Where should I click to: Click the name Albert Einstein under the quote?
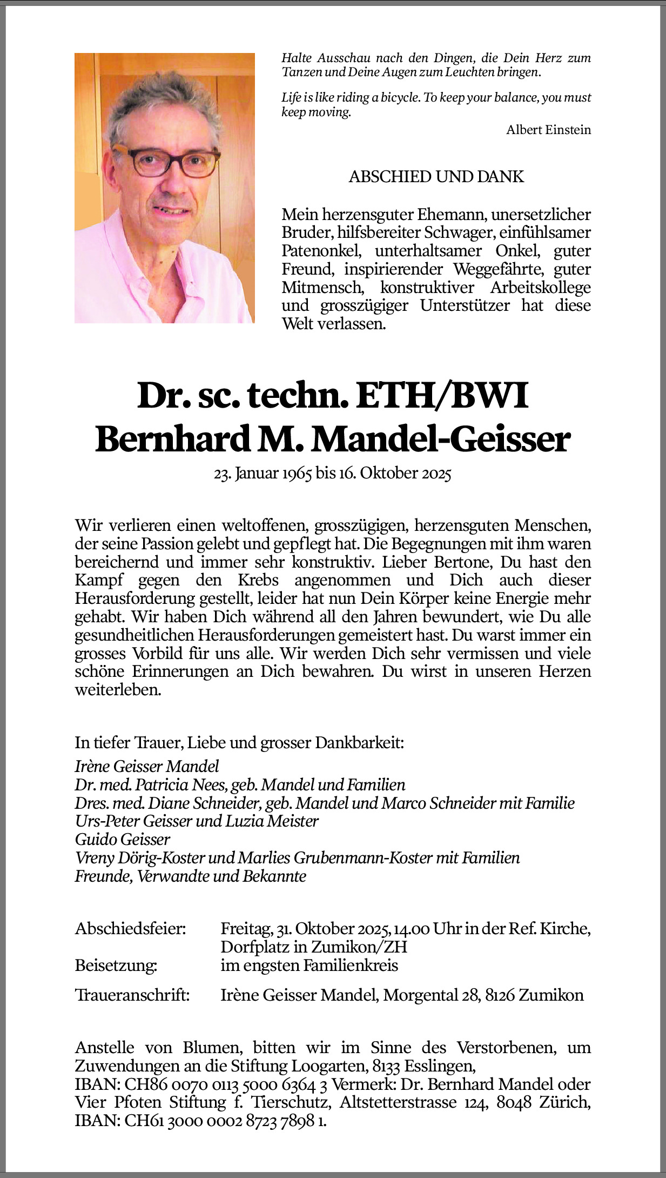(x=548, y=130)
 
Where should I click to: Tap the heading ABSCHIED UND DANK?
(x=436, y=177)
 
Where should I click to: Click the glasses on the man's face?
(x=166, y=161)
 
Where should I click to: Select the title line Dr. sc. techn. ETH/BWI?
(x=333, y=396)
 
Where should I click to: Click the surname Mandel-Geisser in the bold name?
(x=440, y=440)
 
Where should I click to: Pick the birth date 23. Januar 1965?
(x=263, y=474)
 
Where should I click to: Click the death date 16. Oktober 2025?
(x=395, y=474)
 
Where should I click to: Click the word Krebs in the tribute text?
(x=258, y=580)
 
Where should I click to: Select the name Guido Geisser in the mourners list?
(x=123, y=839)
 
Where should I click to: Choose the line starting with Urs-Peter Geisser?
(x=197, y=821)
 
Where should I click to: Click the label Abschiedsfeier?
(x=130, y=929)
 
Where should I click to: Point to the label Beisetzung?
(x=116, y=965)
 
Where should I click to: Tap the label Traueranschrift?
(x=132, y=995)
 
